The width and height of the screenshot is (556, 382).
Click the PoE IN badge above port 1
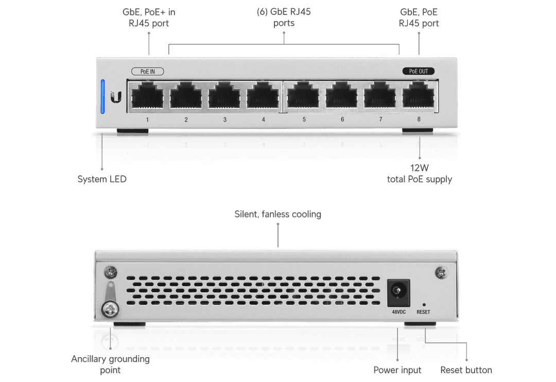[x=148, y=71]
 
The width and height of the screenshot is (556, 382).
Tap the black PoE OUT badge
[x=419, y=71]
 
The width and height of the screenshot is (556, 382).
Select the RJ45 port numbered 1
[x=147, y=95]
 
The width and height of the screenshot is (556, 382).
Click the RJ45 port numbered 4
[x=263, y=95]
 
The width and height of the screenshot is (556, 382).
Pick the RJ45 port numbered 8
[x=419, y=95]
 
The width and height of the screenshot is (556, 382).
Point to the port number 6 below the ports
[x=342, y=119]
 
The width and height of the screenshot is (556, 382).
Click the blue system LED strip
[x=103, y=96]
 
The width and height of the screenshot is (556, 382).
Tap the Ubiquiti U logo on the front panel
[x=116, y=97]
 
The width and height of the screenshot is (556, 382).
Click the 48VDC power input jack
[x=398, y=293]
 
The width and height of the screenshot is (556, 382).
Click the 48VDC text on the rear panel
[x=398, y=312]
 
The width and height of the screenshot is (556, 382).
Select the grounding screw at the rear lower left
[x=110, y=309]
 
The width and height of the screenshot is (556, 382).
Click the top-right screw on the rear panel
[x=441, y=273]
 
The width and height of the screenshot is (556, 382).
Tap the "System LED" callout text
[x=102, y=179]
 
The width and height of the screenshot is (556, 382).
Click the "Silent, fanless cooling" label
[x=277, y=214]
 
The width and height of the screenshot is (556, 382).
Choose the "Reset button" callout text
[x=466, y=370]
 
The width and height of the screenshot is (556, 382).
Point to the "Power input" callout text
[x=397, y=370]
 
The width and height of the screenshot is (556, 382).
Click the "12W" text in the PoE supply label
[x=420, y=168]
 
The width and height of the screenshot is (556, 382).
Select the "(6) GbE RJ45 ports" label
[x=284, y=17]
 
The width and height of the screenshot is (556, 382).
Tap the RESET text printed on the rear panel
[x=423, y=312]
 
